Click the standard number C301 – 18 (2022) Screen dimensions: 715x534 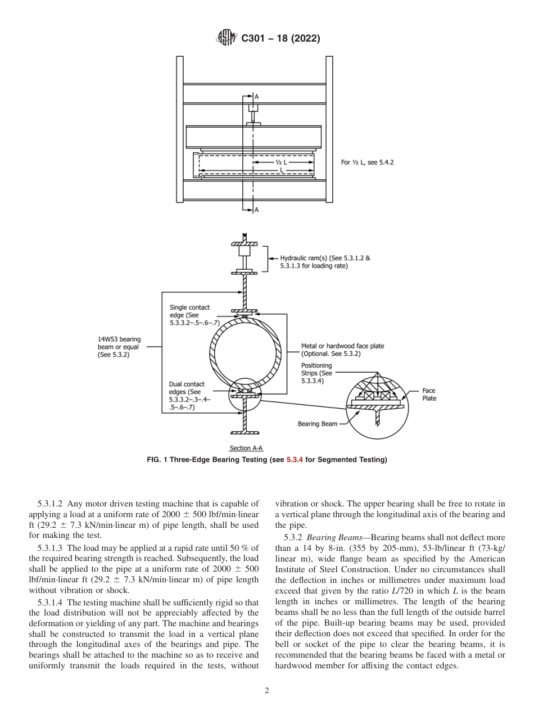click(x=280, y=39)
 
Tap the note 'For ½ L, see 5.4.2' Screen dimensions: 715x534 click(x=368, y=162)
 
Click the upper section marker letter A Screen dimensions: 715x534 click(x=257, y=97)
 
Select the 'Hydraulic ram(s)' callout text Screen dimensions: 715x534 click(x=325, y=262)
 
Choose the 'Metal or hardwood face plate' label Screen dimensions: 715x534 click(x=343, y=350)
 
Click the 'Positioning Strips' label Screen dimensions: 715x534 click(x=317, y=373)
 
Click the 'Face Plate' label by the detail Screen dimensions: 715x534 click(x=429, y=394)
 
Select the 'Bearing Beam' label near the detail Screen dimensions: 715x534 click(x=318, y=424)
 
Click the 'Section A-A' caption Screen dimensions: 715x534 click(x=246, y=448)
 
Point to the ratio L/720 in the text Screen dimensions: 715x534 click(x=405, y=591)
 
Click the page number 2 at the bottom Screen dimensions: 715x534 click(x=267, y=691)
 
